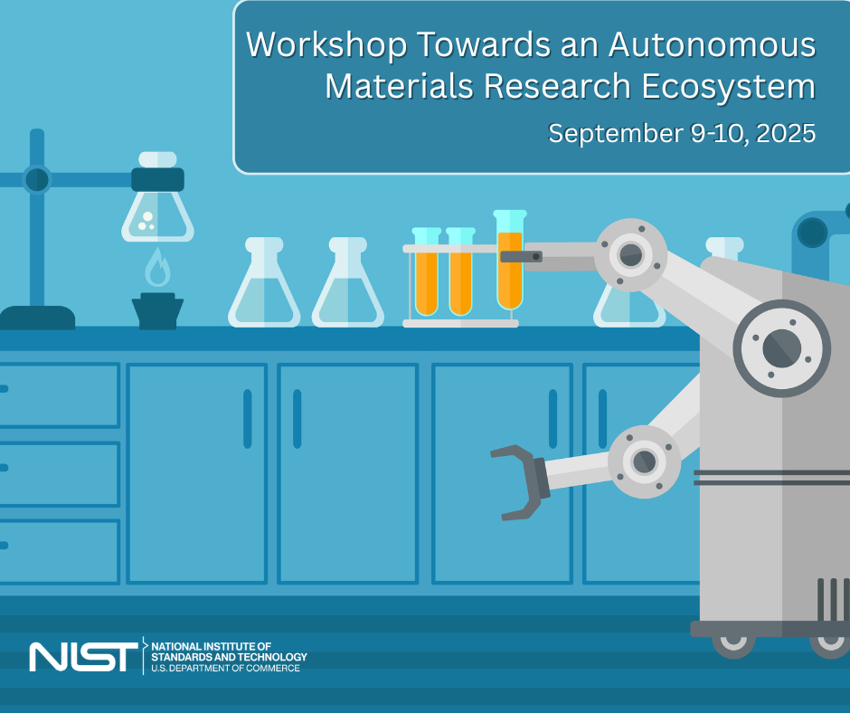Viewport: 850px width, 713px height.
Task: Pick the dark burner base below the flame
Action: (x=157, y=310)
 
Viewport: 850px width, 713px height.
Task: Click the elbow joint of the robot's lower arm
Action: (x=644, y=461)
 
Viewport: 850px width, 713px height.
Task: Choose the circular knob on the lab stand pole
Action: (x=37, y=179)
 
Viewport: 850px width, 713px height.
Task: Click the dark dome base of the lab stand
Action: (x=37, y=318)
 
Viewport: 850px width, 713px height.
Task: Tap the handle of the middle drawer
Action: (x=4, y=467)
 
